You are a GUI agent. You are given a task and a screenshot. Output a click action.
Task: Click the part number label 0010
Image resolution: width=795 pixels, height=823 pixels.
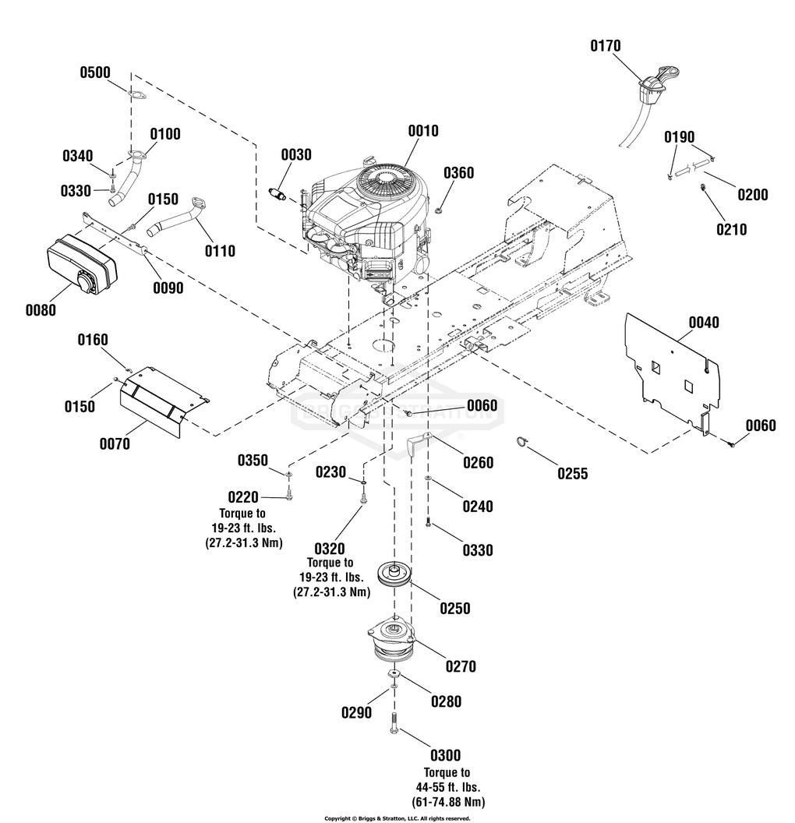pos(423,131)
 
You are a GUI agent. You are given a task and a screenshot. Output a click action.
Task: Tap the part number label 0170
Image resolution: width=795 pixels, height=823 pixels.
pos(605,46)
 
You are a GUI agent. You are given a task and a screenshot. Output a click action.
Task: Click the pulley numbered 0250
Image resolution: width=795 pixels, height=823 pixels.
pos(394,575)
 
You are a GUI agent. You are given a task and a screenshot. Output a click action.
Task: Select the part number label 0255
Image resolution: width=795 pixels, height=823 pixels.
pos(573,473)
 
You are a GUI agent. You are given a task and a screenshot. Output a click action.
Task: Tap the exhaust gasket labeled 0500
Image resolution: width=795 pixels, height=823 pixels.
pos(136,95)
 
